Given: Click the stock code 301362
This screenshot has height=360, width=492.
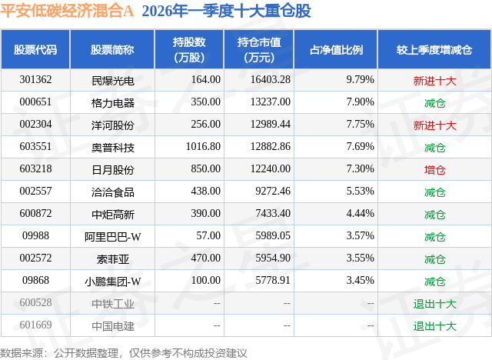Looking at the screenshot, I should click(x=35, y=79).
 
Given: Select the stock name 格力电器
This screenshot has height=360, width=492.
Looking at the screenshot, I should click(x=112, y=102).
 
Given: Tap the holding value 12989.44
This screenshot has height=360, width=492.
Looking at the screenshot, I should click(x=264, y=125).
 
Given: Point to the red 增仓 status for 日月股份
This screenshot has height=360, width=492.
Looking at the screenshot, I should click(x=434, y=169).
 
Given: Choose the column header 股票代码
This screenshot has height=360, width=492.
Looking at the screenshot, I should click(x=35, y=51).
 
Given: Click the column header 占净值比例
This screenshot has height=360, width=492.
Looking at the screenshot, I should click(x=336, y=51).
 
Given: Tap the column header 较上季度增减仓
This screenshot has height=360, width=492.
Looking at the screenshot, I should click(x=434, y=51).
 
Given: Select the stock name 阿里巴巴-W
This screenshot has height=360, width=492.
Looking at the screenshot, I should click(x=112, y=236).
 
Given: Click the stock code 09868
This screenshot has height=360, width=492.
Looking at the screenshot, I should click(x=35, y=281).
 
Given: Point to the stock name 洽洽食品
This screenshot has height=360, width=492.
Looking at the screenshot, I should click(x=112, y=192).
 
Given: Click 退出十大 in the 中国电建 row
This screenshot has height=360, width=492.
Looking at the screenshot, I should click(x=434, y=325).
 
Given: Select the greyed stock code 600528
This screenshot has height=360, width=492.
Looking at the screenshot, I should click(x=35, y=303).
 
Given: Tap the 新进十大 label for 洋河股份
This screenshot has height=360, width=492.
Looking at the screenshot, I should click(x=434, y=125).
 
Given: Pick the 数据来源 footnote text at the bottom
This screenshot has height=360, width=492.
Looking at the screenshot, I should click(x=123, y=352).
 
